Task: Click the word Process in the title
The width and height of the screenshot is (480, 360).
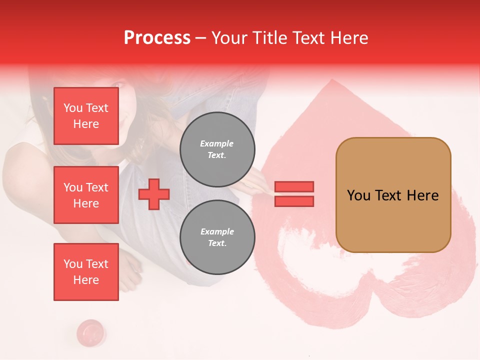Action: (157, 38)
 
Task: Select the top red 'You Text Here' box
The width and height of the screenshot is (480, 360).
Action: (86, 116)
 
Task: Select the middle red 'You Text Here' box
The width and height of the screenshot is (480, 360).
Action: (86, 195)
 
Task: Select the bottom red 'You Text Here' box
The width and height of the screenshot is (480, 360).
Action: (86, 272)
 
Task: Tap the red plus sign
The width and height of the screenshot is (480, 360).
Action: (154, 195)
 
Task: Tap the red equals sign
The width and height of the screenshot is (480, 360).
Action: (294, 194)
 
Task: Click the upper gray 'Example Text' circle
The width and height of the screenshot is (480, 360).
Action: (217, 149)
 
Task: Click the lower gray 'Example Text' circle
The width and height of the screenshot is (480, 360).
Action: (217, 237)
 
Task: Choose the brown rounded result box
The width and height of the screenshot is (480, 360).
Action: (393, 195)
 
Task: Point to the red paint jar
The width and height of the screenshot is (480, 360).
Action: (90, 332)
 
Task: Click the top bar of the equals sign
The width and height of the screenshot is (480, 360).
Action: (294, 187)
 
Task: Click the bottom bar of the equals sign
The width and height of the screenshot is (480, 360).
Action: (294, 201)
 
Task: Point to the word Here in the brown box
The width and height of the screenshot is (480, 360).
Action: (423, 195)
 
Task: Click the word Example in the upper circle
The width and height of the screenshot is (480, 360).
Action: (217, 143)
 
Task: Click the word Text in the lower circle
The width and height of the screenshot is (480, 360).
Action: (217, 243)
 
